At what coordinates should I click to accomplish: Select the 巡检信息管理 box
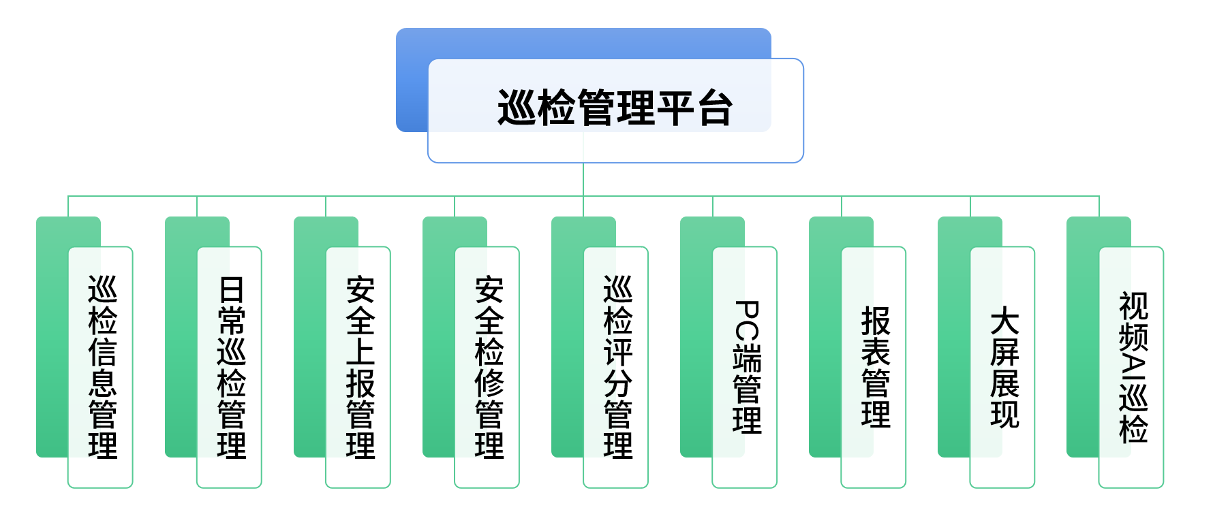(x=101, y=367)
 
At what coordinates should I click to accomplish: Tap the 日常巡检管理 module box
(x=230, y=367)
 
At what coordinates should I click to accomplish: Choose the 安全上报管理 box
(x=358, y=367)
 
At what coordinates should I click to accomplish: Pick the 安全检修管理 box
(x=487, y=367)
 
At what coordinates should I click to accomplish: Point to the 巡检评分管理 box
(x=616, y=367)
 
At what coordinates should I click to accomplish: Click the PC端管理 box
(x=745, y=367)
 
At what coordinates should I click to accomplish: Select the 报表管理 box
(x=874, y=367)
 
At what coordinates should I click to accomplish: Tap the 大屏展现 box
(x=1002, y=367)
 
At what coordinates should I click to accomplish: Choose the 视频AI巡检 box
(x=1131, y=367)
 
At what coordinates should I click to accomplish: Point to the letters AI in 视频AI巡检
(x=1133, y=367)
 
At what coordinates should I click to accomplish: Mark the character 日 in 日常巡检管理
(x=231, y=290)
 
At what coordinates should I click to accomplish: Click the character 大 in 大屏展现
(x=1004, y=321)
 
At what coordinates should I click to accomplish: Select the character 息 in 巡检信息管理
(x=102, y=383)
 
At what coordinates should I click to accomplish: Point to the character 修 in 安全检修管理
(x=489, y=383)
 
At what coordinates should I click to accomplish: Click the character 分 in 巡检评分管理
(x=617, y=383)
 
